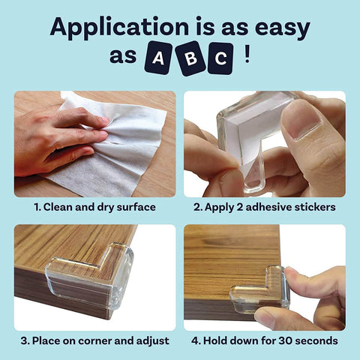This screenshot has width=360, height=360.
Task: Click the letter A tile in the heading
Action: (x=158, y=58)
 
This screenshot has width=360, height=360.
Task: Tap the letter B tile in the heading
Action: (x=190, y=58)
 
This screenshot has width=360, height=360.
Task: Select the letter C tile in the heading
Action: (x=220, y=58)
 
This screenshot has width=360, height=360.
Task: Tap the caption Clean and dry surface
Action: (x=94, y=206)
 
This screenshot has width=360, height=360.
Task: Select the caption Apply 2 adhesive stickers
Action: (x=265, y=206)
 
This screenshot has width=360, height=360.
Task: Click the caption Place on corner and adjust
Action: (x=94, y=340)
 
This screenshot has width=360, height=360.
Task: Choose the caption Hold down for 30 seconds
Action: (x=265, y=340)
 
